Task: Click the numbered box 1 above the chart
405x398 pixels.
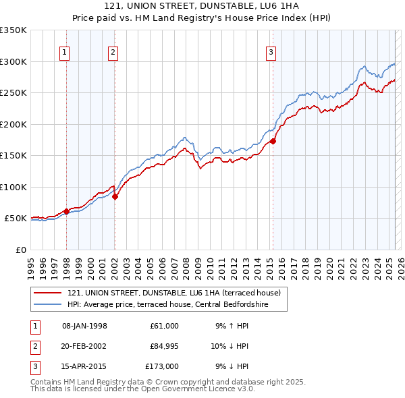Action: point(65,53)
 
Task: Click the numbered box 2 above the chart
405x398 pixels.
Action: point(113,53)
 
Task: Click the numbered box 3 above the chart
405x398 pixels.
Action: point(271,53)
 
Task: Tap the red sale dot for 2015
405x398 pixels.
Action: point(273,141)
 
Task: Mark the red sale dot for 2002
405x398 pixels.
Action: point(115,196)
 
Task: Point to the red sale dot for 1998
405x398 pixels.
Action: point(66,211)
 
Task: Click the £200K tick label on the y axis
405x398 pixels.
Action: point(13,124)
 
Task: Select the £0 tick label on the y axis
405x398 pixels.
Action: point(21,250)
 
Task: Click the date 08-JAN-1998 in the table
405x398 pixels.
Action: point(84,326)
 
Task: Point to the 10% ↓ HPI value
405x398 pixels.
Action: point(230,346)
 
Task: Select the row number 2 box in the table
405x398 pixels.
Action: point(34,346)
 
